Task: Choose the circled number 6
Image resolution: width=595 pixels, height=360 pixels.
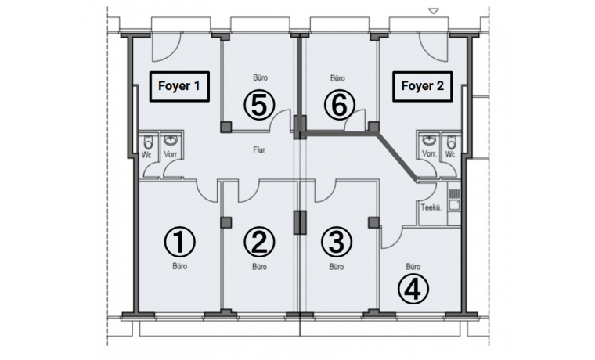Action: (x=337, y=103)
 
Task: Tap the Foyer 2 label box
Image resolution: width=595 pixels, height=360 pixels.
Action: (x=423, y=87)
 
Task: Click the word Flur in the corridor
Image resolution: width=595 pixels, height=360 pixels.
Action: (x=260, y=149)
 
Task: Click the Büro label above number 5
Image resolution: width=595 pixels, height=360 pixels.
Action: (x=261, y=78)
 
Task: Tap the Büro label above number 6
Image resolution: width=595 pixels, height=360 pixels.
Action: (x=337, y=78)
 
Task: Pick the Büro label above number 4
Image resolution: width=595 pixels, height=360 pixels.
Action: (x=414, y=266)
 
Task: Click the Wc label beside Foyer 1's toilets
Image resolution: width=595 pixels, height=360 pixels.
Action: (x=146, y=155)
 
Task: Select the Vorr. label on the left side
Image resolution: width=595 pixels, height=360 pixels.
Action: (x=171, y=155)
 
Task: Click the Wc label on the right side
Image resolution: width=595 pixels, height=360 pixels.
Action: (x=449, y=155)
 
